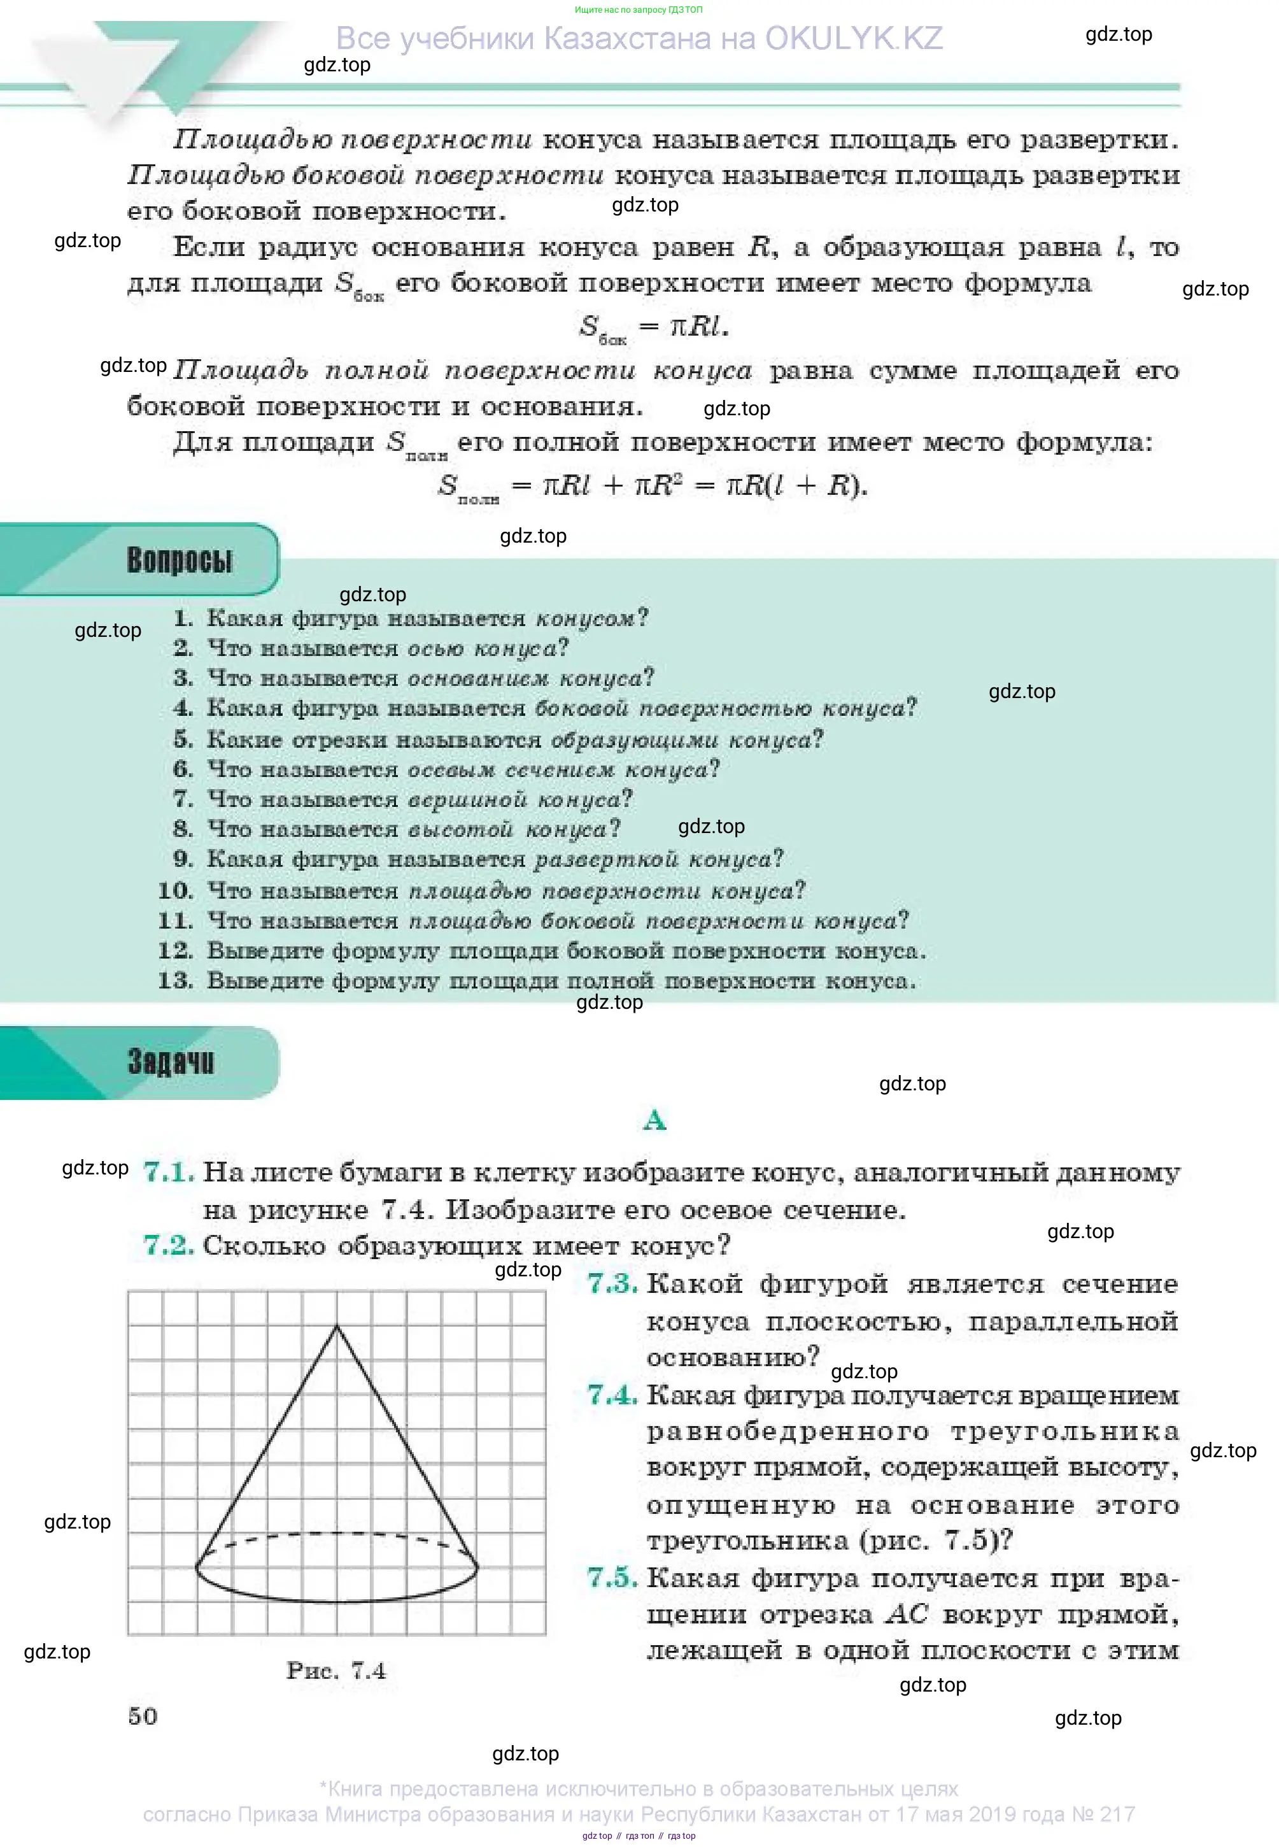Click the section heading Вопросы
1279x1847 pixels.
(x=179, y=560)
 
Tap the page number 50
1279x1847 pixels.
(x=143, y=1716)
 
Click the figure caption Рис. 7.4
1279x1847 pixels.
(x=336, y=1670)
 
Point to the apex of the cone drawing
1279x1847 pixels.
(x=337, y=1326)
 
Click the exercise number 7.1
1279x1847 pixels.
(x=168, y=1172)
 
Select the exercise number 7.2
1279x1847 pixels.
(x=168, y=1245)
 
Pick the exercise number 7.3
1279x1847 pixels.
(x=612, y=1283)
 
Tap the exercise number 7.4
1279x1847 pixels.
(x=612, y=1395)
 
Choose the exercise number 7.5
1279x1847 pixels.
(x=612, y=1577)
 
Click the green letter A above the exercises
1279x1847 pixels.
(x=654, y=1119)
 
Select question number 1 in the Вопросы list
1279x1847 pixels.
(x=183, y=618)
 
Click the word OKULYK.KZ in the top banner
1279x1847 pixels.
(x=854, y=38)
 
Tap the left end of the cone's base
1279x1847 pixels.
(x=196, y=1565)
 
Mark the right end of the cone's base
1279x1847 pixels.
(x=477, y=1565)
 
